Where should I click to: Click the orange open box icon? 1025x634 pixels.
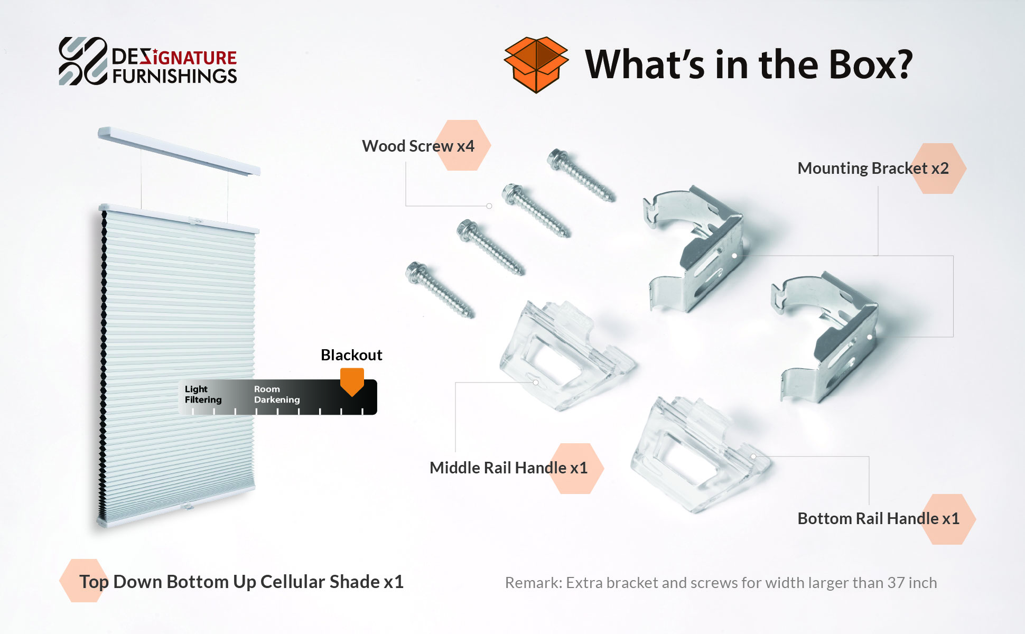point(536,64)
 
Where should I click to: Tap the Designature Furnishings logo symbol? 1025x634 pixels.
point(83,61)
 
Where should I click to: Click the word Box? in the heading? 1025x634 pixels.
point(871,64)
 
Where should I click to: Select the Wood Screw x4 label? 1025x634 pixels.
point(418,146)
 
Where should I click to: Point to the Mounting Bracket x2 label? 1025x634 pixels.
point(873,168)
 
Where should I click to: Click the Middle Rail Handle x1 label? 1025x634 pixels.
point(508,468)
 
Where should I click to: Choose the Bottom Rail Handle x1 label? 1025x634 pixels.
point(878,518)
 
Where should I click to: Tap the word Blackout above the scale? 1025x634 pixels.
point(351,355)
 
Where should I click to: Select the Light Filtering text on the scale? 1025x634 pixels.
point(203,394)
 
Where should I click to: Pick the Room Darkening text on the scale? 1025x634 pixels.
point(277,394)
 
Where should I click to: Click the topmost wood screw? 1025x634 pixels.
point(581,175)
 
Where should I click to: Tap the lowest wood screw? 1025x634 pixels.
point(440,290)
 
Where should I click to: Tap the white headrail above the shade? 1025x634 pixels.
point(179,151)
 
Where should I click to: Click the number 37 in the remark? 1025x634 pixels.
point(896,583)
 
